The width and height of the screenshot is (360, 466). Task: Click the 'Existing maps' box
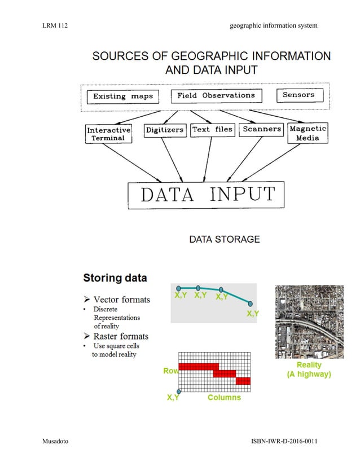tap(123, 96)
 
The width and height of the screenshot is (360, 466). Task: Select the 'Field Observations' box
tap(216, 95)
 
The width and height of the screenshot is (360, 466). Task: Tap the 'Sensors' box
tap(298, 95)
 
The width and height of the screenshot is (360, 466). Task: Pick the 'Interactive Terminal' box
tap(109, 134)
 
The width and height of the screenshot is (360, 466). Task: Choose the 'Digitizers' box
tap(164, 130)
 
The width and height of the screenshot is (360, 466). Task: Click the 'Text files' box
tap(212, 129)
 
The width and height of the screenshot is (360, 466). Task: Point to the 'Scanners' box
tap(261, 129)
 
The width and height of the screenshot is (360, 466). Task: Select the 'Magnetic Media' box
tap(308, 133)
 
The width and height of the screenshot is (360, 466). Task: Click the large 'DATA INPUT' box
tap(207, 195)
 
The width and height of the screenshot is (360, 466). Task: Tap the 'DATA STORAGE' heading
tap(225, 239)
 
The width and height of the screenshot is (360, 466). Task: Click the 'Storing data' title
tap(115, 278)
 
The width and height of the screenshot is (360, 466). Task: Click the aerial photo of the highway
tap(309, 322)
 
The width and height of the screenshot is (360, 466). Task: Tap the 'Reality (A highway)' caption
tap(309, 370)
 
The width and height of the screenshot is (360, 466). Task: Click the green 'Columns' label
tap(224, 398)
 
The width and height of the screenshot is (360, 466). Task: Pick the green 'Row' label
tap(170, 371)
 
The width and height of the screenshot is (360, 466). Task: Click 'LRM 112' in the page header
tap(55, 25)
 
